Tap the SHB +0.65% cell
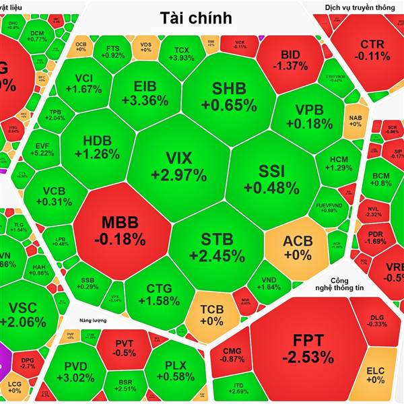(x=229, y=96)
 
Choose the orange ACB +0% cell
(x=297, y=247)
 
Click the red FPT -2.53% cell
(x=308, y=347)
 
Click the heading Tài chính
(x=196, y=18)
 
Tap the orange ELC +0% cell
(x=375, y=375)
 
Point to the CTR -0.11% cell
(x=372, y=50)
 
